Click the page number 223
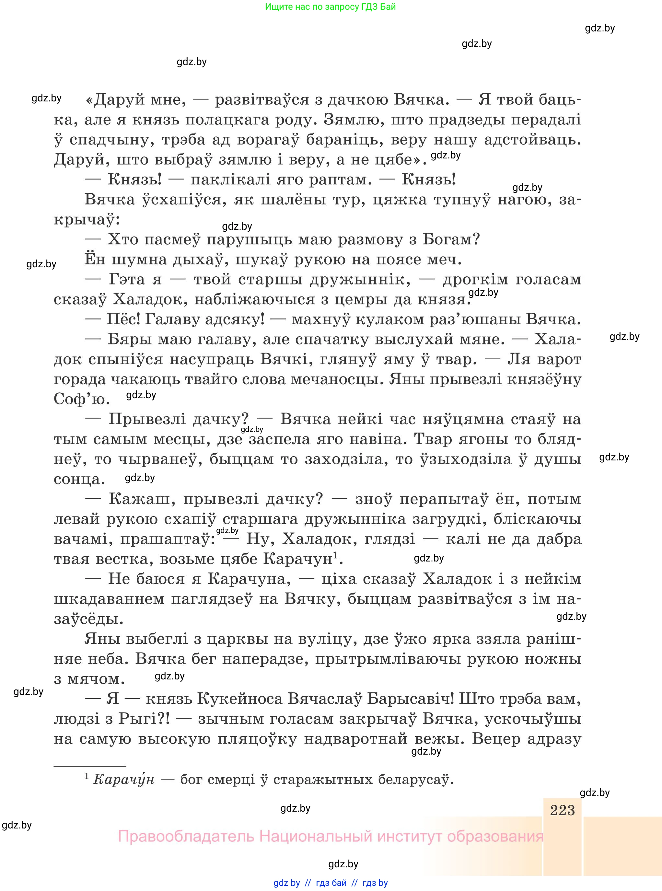(x=562, y=810)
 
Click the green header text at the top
(x=330, y=7)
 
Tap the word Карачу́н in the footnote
(x=123, y=780)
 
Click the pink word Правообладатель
(x=186, y=837)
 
